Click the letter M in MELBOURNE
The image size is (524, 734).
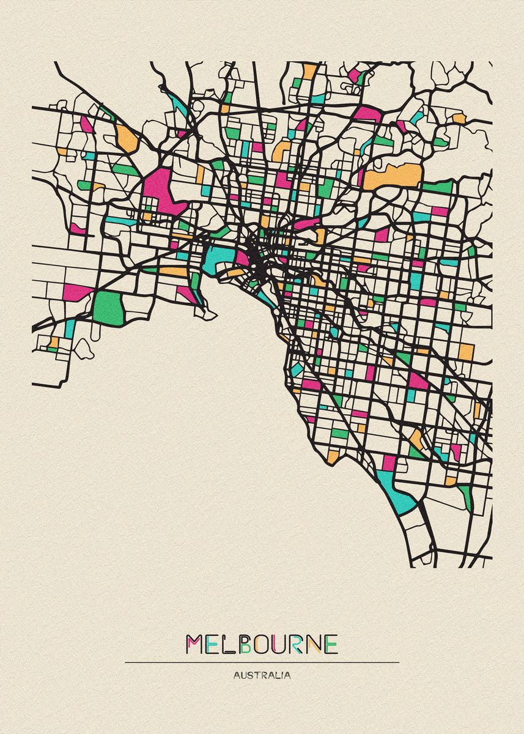tap(195, 644)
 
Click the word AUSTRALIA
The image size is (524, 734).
tap(262, 676)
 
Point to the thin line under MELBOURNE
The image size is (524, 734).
tap(262, 662)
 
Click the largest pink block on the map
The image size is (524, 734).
tap(160, 190)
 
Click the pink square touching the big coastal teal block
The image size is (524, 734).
tap(389, 463)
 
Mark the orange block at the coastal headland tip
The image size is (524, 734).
tap(333, 456)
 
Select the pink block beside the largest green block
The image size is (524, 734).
tap(76, 292)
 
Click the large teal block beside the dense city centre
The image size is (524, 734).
tap(216, 259)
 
